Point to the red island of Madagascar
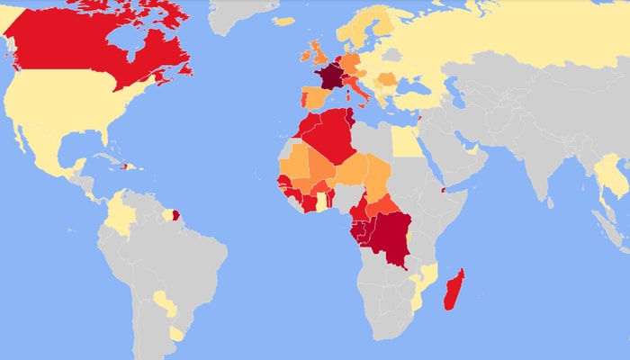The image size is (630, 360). click(455, 288)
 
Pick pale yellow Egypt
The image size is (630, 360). click(407, 140)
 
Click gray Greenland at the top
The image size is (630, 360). click(238, 13)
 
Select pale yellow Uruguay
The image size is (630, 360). click(176, 334)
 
